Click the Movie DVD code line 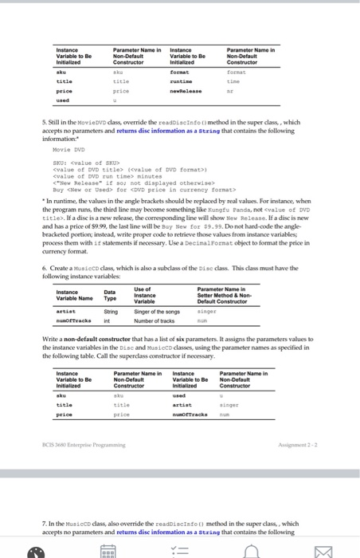[x=65, y=148]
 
